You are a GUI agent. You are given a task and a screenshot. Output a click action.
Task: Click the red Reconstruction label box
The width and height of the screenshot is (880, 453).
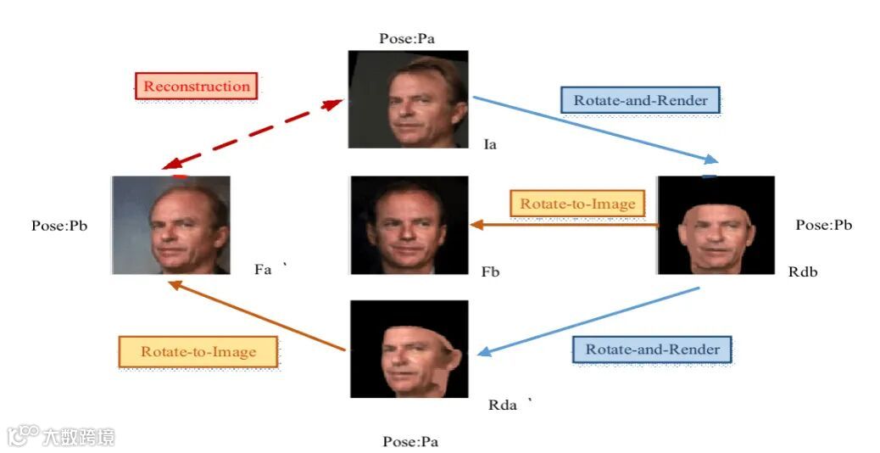pyautogui.click(x=196, y=86)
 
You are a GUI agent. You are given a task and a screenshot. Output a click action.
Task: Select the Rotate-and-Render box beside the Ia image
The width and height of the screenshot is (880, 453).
pyautogui.click(x=640, y=100)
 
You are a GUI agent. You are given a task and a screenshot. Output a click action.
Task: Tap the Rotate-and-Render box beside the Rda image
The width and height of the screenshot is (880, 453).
pyautogui.click(x=652, y=350)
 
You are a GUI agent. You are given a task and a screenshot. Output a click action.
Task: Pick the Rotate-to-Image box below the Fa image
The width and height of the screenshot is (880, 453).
pyautogui.click(x=198, y=351)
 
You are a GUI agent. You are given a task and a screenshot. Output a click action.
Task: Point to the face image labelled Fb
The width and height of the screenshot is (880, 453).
pyautogui.click(x=409, y=225)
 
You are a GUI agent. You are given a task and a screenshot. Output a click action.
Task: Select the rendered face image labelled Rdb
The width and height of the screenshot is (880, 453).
pyautogui.click(x=716, y=225)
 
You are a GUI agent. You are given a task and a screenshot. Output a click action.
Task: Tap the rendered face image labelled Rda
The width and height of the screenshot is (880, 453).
pyautogui.click(x=409, y=349)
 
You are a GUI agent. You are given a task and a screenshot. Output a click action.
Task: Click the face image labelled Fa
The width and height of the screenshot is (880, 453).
pyautogui.click(x=170, y=225)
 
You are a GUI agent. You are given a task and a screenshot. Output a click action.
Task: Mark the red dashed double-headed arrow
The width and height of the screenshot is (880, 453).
pyautogui.click(x=252, y=132)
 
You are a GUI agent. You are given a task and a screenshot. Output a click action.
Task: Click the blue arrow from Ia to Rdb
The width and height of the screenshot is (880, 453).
pyautogui.click(x=593, y=128)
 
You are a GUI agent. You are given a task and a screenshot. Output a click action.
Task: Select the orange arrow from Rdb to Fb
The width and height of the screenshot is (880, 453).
pyautogui.click(x=563, y=226)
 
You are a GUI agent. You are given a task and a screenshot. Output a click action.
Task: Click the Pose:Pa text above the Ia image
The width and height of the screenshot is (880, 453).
pyautogui.click(x=408, y=38)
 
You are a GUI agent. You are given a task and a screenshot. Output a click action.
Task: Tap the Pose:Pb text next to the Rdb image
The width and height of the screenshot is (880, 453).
pyautogui.click(x=823, y=225)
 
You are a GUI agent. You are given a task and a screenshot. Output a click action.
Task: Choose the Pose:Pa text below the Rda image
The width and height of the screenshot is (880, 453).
pyautogui.click(x=410, y=441)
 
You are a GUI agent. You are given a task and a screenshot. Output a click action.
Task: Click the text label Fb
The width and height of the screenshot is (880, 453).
pyautogui.click(x=490, y=272)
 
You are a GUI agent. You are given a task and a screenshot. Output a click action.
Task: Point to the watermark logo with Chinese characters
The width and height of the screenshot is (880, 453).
pyautogui.click(x=61, y=437)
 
